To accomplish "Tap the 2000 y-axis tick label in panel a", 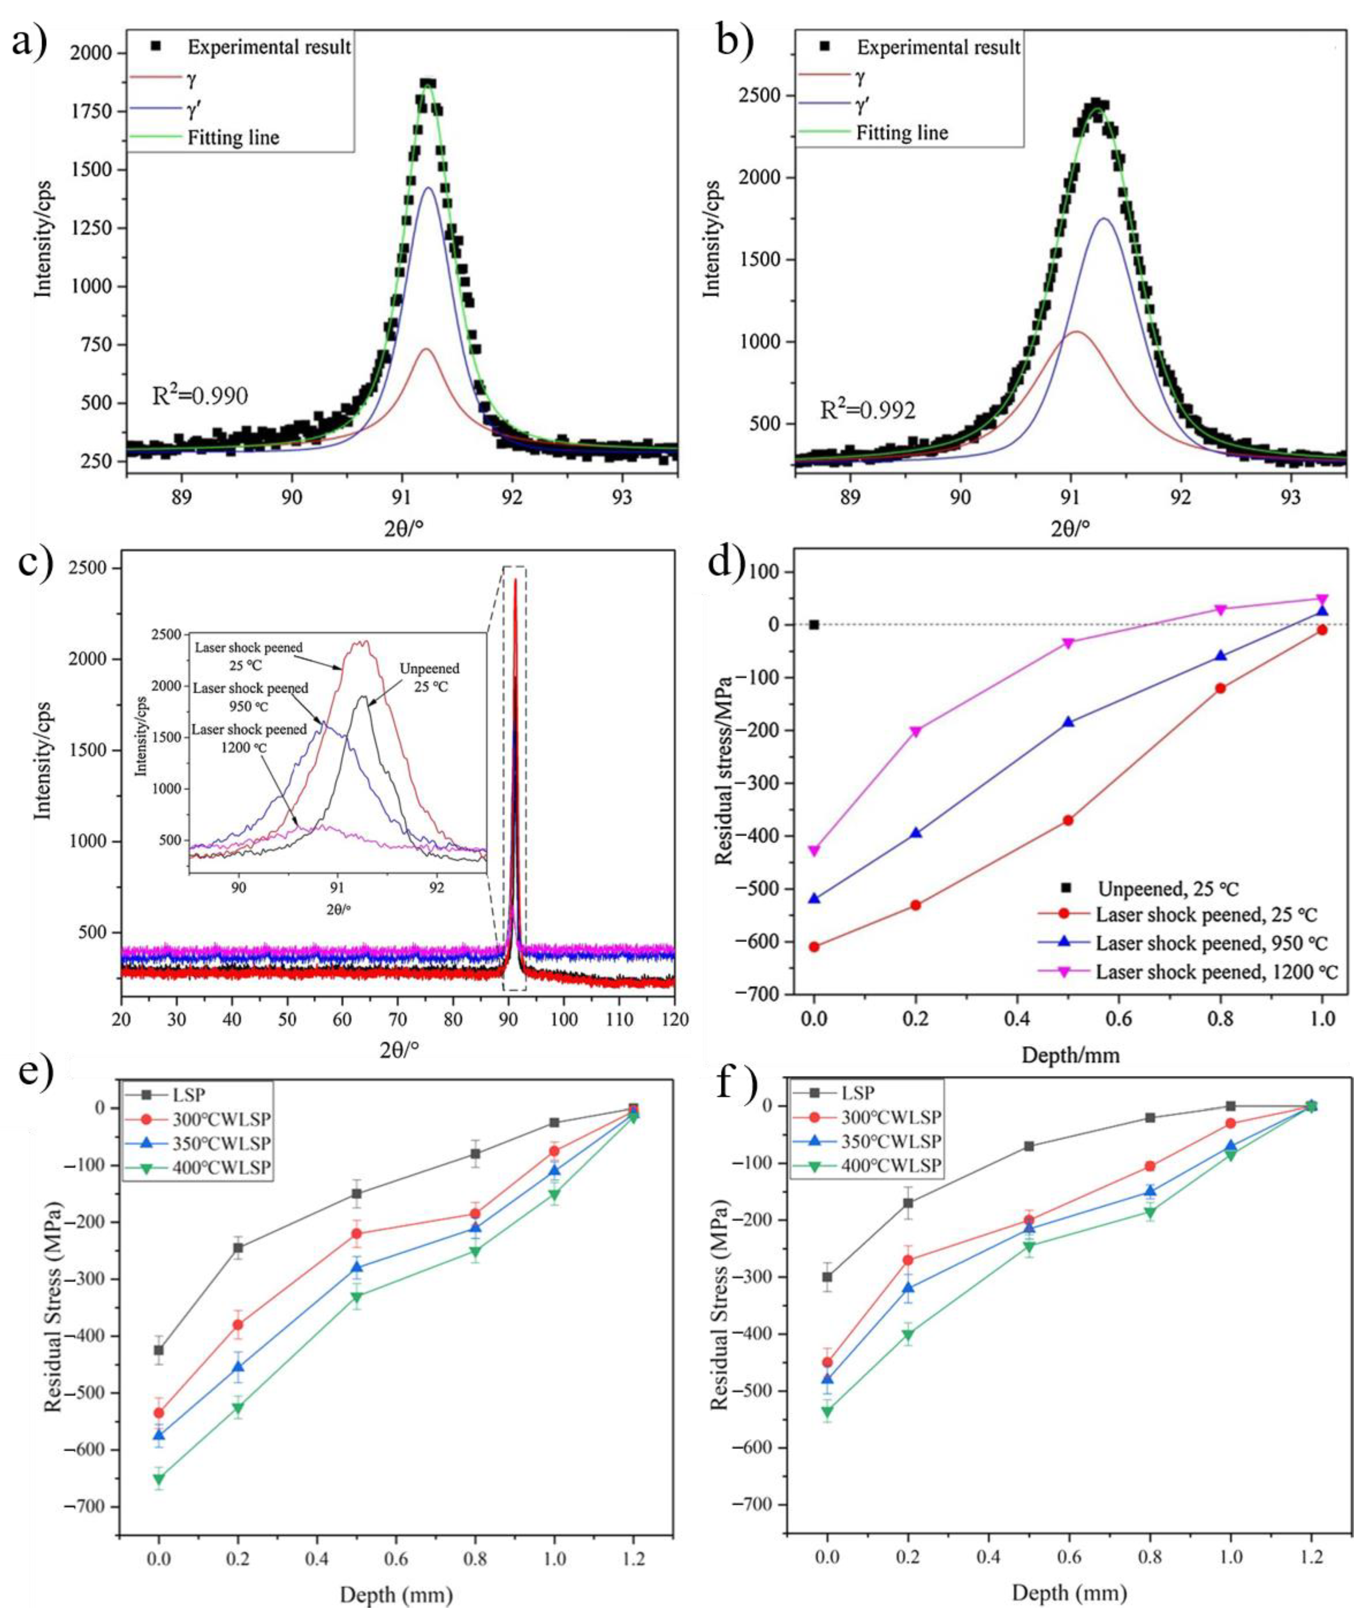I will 92,53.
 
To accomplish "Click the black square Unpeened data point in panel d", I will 814,624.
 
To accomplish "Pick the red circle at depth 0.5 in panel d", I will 1068,820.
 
